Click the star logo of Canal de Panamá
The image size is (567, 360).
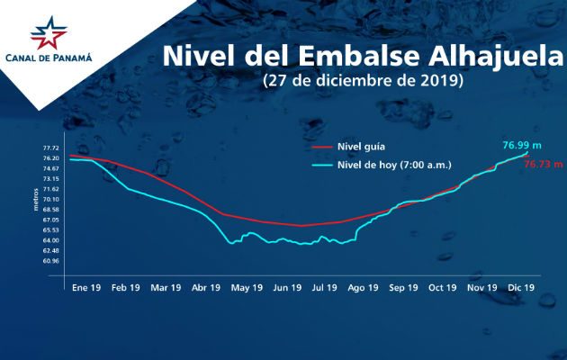coord(49,34)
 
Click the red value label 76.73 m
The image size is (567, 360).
coord(543,165)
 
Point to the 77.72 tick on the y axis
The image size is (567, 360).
coord(50,148)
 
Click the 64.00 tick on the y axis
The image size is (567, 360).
coord(50,240)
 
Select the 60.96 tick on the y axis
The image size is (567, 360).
coord(50,261)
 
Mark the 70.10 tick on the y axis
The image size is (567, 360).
coord(50,199)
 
